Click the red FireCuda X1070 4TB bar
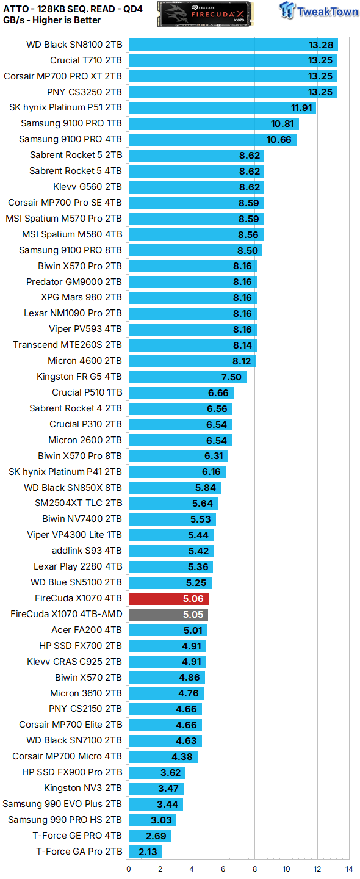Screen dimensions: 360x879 coord(168,598)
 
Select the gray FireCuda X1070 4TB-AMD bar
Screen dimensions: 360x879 coord(168,615)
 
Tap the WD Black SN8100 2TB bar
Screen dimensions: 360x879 coord(233,45)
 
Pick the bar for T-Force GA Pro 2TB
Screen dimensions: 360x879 coord(145,852)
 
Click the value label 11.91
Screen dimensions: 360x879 coord(301,108)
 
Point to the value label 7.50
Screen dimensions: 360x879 coord(231,377)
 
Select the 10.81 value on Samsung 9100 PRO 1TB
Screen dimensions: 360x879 coord(283,124)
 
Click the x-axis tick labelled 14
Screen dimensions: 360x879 coord(349,869)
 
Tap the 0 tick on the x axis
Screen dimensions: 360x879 coord(129,869)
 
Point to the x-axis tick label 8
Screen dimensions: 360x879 coord(254,869)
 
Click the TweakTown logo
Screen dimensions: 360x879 coord(319,10)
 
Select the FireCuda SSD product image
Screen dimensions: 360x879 coord(204,13)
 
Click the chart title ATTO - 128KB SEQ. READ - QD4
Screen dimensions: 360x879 coord(73,9)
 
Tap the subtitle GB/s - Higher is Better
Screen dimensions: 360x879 coord(52,20)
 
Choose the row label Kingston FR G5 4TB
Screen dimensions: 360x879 coord(79,377)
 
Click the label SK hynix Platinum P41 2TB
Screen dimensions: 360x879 coord(65,472)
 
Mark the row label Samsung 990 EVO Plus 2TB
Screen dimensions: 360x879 coord(62,804)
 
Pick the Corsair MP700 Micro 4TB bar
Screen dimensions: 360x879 coord(163,756)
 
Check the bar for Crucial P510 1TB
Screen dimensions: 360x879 coord(181,393)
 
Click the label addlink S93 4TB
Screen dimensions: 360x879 coord(87,551)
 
